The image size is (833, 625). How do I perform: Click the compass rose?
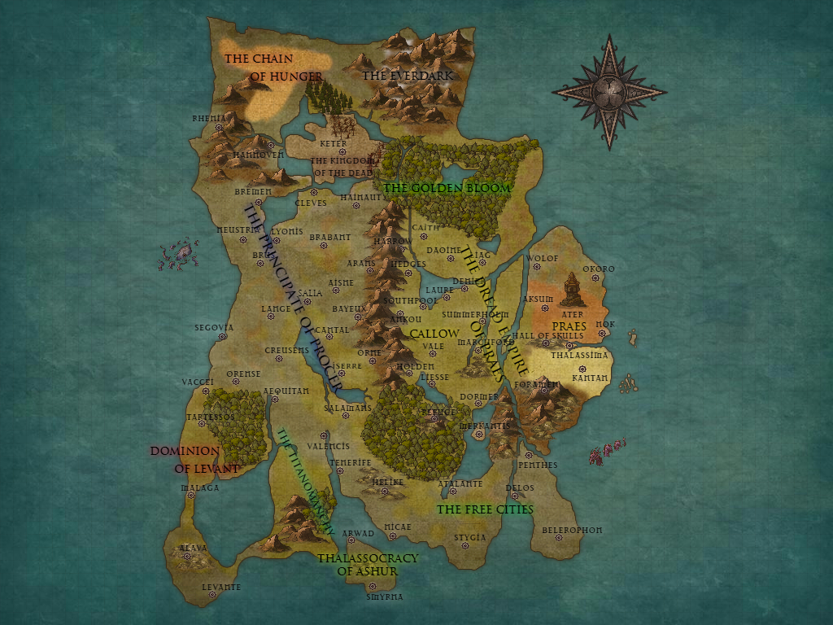coord(608,91)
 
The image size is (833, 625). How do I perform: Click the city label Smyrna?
coord(385,597)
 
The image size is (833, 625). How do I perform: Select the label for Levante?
coord(221,587)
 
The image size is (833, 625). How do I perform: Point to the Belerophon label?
coord(572,530)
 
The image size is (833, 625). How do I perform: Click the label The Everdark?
coord(407,76)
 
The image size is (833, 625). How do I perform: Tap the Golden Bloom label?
coord(447,188)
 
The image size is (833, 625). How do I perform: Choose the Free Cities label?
coord(485,509)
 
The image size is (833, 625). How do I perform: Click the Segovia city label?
coord(214,328)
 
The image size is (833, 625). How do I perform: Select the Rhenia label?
coord(208,118)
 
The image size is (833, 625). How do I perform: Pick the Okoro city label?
coord(599,269)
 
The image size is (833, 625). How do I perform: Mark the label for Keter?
coord(333,144)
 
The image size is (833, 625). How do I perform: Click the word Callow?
coord(434,334)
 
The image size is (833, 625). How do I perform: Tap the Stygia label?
coord(469,537)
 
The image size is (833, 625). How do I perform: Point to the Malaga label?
coord(199,488)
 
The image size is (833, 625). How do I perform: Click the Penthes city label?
coord(538,465)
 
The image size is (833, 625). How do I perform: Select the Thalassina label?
coord(579,356)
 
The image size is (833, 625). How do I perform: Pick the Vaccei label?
coord(198,382)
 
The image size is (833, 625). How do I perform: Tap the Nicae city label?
coord(398,527)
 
